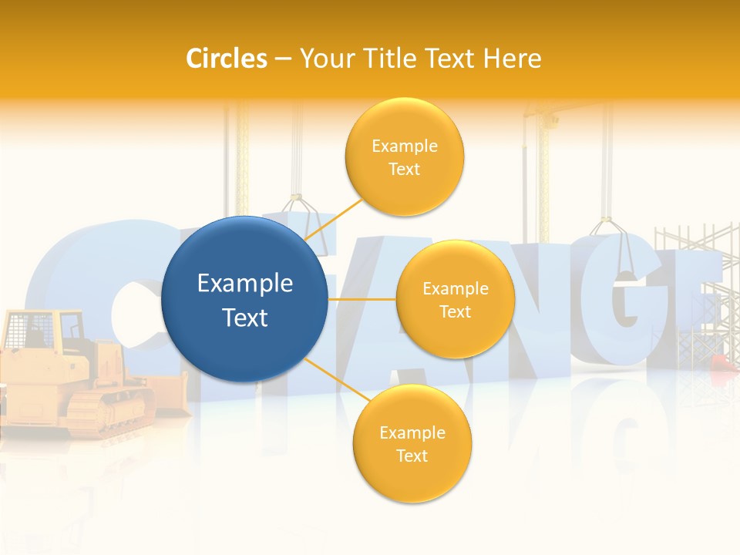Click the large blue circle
(x=244, y=299)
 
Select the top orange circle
(x=405, y=156)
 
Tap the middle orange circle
(x=455, y=299)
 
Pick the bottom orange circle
(x=412, y=443)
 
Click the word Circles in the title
(x=227, y=59)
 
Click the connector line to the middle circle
(x=362, y=299)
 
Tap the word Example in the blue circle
(x=245, y=284)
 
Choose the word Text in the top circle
(x=405, y=169)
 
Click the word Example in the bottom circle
(x=412, y=432)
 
